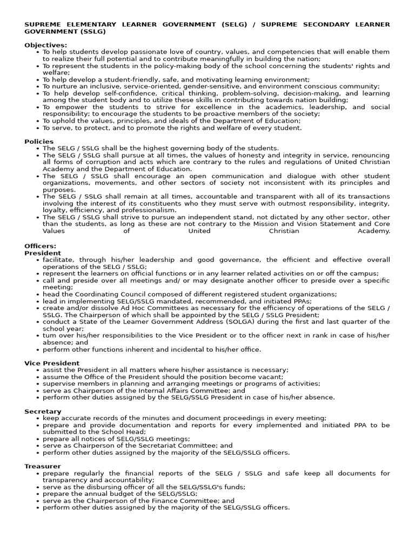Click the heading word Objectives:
[x=46, y=45]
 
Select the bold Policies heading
[x=39, y=141]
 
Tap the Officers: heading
[x=40, y=246]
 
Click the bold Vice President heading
[x=52, y=363]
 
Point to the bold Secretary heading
[x=43, y=412]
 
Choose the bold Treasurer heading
[x=43, y=466]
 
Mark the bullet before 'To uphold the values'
[x=37, y=121]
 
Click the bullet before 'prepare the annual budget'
[x=37, y=494]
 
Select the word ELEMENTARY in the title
[x=90, y=24]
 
